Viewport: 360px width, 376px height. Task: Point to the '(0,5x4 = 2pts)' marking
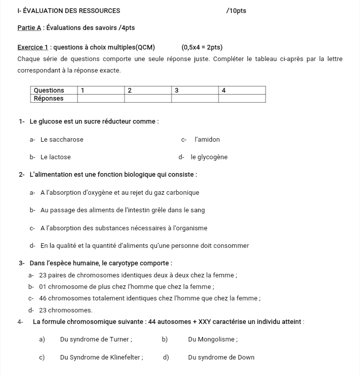click(x=202, y=48)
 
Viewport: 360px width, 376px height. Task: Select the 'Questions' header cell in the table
click(x=48, y=91)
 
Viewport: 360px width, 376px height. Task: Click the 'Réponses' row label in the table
click(x=48, y=98)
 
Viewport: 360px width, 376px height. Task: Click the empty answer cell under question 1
click(x=100, y=98)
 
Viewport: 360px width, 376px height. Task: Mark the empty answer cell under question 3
click(x=195, y=98)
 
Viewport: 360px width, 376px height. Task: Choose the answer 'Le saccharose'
click(x=62, y=140)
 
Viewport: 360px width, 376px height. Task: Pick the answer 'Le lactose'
click(x=55, y=157)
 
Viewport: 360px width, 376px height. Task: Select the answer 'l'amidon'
click(x=207, y=140)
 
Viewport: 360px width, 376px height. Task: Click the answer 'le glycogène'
click(x=209, y=157)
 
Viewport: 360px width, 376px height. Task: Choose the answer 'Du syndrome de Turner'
click(x=96, y=339)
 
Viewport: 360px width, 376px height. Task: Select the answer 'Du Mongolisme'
click(x=213, y=339)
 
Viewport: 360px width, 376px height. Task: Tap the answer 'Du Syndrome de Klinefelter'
click(x=101, y=357)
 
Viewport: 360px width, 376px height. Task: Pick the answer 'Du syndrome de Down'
click(x=221, y=357)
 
